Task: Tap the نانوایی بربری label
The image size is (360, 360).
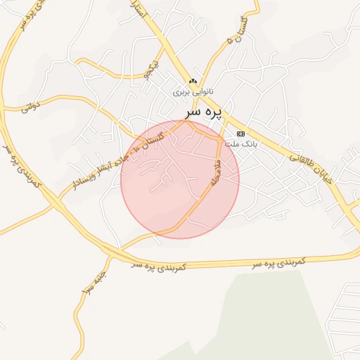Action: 193,92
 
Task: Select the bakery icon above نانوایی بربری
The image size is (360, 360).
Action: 193,81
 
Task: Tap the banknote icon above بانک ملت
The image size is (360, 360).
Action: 240,134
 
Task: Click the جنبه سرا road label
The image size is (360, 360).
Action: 92,282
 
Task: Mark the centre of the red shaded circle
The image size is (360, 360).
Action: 180,179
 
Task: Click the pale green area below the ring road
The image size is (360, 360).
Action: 267,309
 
